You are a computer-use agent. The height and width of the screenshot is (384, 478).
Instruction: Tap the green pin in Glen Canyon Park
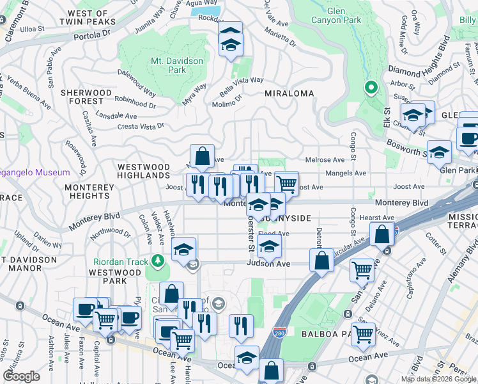point(370,88)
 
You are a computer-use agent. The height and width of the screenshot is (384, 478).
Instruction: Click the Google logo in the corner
point(21,376)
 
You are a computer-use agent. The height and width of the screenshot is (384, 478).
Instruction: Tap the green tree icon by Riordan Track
point(156,261)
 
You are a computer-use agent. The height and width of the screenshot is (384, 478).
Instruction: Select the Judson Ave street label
point(269,264)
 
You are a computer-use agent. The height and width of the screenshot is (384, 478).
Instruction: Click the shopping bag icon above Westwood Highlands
point(202,156)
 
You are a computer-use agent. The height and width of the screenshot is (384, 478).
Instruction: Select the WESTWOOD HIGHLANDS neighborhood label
point(144,171)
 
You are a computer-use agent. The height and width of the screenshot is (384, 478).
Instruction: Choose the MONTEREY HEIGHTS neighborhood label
point(89,191)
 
